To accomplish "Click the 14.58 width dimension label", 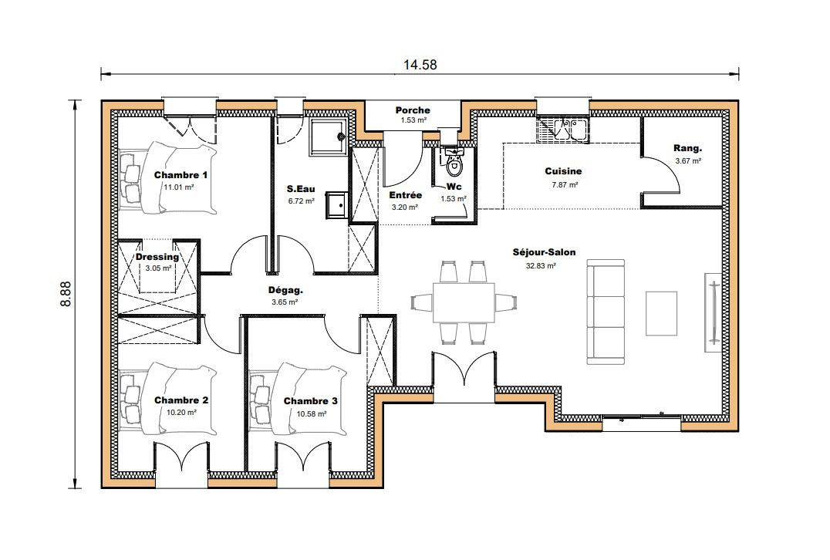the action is click(x=420, y=65).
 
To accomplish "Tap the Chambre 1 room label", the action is click(x=181, y=174).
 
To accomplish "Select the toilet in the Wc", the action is click(x=454, y=162).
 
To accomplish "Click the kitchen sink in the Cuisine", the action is click(x=564, y=130).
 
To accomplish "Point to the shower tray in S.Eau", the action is click(x=328, y=137).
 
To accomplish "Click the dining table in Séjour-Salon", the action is click(x=464, y=302).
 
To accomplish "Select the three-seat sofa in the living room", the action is click(x=606, y=312).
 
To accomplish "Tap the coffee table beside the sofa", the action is click(x=661, y=313).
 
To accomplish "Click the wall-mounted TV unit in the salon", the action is click(x=712, y=312).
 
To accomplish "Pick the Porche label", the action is click(x=413, y=110).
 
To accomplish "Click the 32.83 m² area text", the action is click(x=541, y=265).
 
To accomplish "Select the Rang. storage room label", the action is click(x=687, y=148).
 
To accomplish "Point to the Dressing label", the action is click(x=157, y=257).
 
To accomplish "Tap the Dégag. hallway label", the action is click(x=285, y=290).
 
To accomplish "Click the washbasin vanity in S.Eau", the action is click(x=336, y=205).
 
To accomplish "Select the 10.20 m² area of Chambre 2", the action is click(x=181, y=413).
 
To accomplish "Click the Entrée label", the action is click(x=406, y=195).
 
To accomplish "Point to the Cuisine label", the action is click(x=563, y=171).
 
